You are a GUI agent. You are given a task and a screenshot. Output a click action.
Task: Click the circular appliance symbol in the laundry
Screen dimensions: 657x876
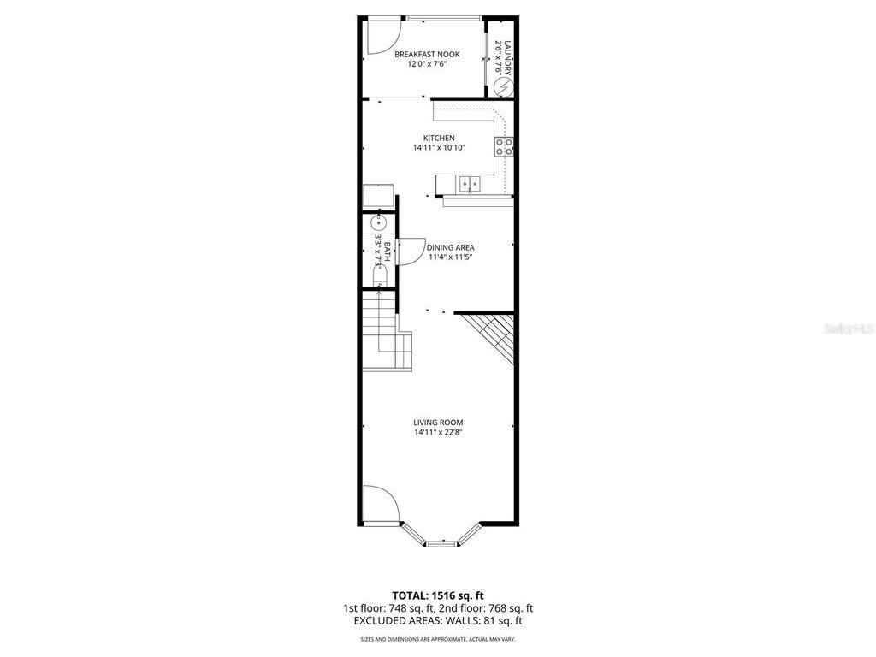click(x=504, y=86)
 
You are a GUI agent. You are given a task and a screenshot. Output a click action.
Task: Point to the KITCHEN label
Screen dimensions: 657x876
click(x=439, y=138)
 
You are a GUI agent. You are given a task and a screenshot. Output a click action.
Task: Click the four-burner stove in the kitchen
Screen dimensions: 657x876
click(x=504, y=146)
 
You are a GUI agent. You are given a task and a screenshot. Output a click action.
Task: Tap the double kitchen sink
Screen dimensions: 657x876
click(x=469, y=183)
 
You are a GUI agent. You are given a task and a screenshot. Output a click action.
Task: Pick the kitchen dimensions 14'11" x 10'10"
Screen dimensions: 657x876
click(x=439, y=148)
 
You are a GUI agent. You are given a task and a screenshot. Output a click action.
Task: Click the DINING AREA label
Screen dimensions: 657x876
click(x=451, y=247)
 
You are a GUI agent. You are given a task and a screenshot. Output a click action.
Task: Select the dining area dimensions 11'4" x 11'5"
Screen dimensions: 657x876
click(x=451, y=257)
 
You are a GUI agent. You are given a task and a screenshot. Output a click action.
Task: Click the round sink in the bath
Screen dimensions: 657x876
click(x=379, y=223)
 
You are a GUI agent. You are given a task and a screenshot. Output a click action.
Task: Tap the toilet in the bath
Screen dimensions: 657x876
click(x=379, y=273)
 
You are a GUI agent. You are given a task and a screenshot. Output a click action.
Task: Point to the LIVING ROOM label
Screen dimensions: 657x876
click(x=438, y=422)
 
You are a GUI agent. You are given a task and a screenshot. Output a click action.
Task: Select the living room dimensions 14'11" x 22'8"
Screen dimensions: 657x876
click(x=438, y=432)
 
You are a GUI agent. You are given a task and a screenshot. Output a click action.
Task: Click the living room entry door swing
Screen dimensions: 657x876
click(x=379, y=503)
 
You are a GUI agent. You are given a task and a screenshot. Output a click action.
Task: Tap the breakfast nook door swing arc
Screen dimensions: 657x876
click(x=382, y=33)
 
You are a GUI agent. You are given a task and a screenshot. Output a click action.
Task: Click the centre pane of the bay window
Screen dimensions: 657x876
click(x=442, y=542)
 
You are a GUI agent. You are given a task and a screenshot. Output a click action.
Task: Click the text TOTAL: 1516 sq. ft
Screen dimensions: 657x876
click(x=438, y=595)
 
